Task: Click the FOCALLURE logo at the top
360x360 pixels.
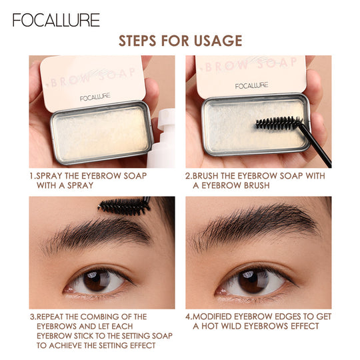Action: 56,19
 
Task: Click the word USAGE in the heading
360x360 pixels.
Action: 214,41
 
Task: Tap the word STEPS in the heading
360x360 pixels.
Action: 140,41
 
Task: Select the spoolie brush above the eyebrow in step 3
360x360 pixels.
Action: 123,206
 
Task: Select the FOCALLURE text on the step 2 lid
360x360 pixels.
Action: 252,85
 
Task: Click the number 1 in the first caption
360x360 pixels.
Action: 32,175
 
